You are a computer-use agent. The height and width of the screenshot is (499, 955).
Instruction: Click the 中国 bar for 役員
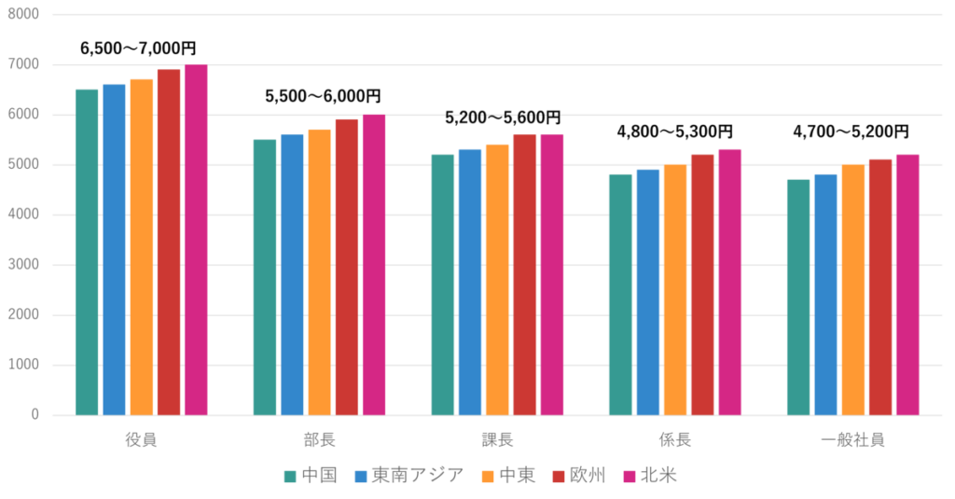pyautogui.click(x=87, y=252)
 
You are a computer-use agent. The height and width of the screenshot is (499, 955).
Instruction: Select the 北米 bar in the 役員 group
pyautogui.click(x=196, y=239)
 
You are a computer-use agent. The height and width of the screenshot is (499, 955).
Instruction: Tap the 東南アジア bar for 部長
pyautogui.click(x=292, y=274)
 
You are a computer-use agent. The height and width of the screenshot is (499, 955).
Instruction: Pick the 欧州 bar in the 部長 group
pyautogui.click(x=347, y=267)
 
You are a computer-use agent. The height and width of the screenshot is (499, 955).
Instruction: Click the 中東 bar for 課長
pyautogui.click(x=497, y=279)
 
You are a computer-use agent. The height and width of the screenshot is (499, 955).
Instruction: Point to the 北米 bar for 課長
pyautogui.click(x=552, y=274)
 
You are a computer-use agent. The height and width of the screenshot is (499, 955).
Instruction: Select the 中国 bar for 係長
pyautogui.click(x=620, y=294)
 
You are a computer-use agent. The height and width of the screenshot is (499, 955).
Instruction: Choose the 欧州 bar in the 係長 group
pyautogui.click(x=702, y=284)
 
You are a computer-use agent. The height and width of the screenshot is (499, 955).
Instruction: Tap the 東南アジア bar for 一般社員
pyautogui.click(x=825, y=294)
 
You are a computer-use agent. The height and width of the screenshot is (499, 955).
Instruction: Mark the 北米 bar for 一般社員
pyautogui.click(x=907, y=284)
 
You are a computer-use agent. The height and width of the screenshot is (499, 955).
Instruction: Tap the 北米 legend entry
pyautogui.click(x=658, y=476)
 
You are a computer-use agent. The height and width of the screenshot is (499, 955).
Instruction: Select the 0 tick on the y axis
pyautogui.click(x=35, y=414)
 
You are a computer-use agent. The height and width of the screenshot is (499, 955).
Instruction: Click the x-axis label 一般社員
pyautogui.click(x=852, y=439)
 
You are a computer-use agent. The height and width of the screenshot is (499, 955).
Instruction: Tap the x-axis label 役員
pyautogui.click(x=141, y=439)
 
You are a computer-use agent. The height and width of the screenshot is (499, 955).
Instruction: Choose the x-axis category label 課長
pyautogui.click(x=497, y=439)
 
